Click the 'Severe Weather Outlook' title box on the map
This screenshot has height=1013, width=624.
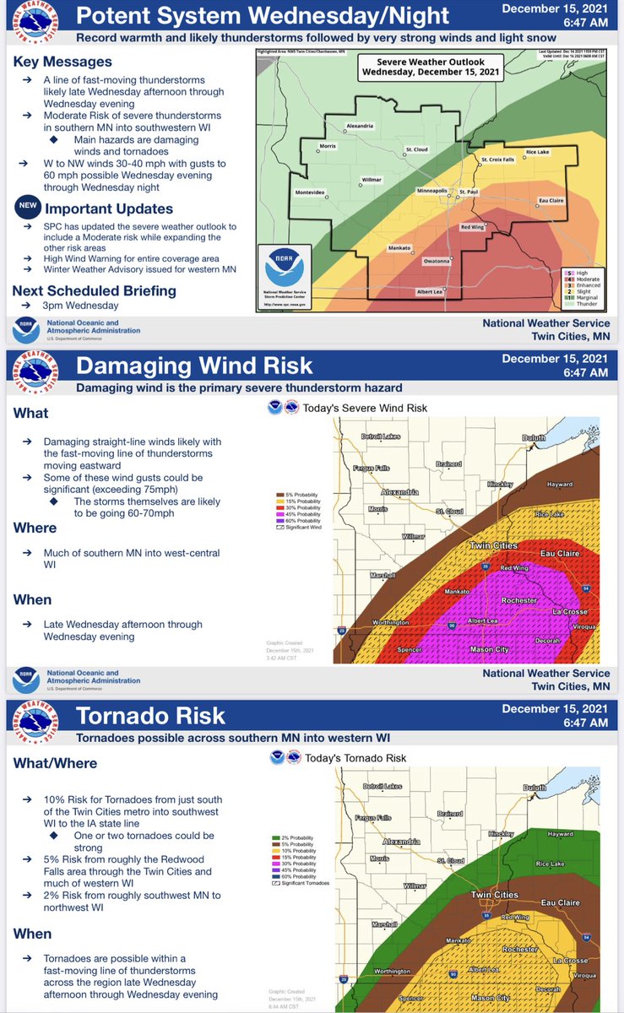click(430, 66)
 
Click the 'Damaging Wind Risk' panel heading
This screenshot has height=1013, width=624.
click(194, 366)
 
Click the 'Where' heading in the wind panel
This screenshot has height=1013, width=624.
click(35, 528)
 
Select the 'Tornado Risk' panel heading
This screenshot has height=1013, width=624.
click(151, 716)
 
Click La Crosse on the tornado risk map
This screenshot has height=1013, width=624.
click(570, 960)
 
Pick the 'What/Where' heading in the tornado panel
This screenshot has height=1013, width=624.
click(55, 763)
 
